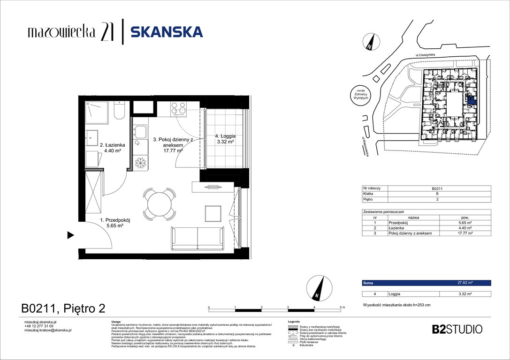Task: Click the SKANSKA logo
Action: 166,32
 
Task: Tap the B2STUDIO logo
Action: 457,329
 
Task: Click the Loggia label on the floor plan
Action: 225,139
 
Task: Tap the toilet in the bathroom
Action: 119,111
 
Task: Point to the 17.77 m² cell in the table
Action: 464,233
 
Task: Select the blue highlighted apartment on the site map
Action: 472,99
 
